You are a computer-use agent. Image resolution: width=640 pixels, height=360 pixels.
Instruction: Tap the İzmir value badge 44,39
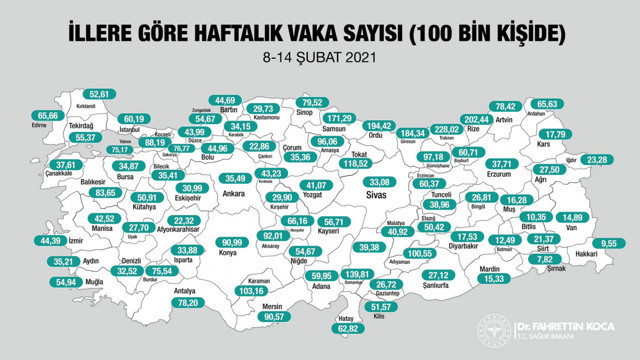click(x=60, y=240)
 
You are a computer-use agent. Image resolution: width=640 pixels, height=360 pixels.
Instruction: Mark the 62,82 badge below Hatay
click(x=348, y=329)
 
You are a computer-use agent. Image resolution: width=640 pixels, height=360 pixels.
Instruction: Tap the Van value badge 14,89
click(x=571, y=218)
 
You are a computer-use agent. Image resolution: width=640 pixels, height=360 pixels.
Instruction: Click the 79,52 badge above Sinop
click(x=314, y=102)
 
